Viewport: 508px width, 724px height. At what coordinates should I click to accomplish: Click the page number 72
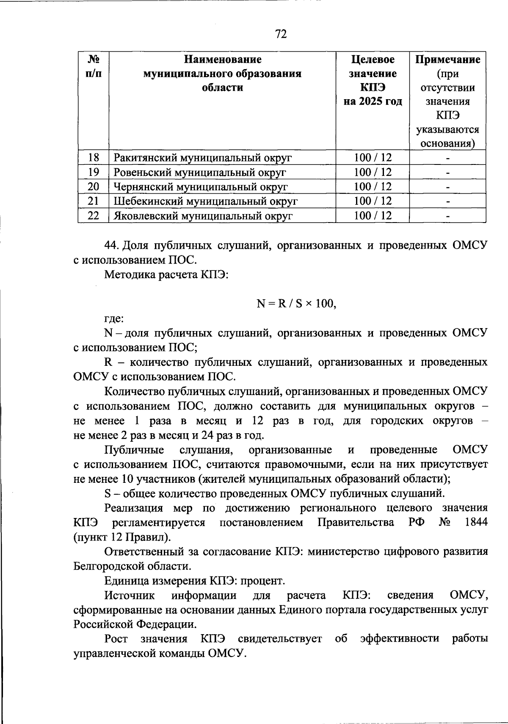[x=281, y=33]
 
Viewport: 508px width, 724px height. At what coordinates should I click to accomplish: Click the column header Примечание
[x=447, y=59]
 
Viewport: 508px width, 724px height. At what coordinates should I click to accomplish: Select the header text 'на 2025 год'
[x=373, y=102]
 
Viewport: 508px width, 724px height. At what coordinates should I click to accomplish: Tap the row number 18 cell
[x=94, y=158]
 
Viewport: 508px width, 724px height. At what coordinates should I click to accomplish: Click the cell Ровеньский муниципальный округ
[x=200, y=173]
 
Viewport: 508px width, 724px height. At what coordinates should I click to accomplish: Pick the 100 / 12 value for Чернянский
[x=373, y=187]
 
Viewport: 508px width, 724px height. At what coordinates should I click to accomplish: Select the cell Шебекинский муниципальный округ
[x=206, y=201]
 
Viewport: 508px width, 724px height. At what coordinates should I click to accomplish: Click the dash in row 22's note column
[x=447, y=216]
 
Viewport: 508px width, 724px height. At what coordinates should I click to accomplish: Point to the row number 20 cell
[x=94, y=187]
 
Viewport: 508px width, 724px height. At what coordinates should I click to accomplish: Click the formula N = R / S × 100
[x=296, y=304]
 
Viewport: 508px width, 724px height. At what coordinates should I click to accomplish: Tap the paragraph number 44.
[x=113, y=245]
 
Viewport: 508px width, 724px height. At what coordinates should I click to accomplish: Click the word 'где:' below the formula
[x=114, y=318]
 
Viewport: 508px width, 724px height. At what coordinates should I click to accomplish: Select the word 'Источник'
[x=130, y=595]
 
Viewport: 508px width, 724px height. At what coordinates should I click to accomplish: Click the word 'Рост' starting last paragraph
[x=116, y=639]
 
